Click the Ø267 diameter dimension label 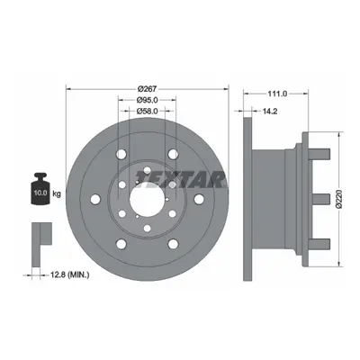tap(147, 89)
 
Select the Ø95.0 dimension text tap(147, 100)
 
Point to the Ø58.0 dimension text tap(147, 111)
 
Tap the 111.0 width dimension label tap(277, 94)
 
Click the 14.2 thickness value tap(270, 112)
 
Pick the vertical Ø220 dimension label tap(339, 199)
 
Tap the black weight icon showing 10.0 tap(40, 189)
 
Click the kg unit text tap(57, 193)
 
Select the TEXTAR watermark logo tap(181, 179)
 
